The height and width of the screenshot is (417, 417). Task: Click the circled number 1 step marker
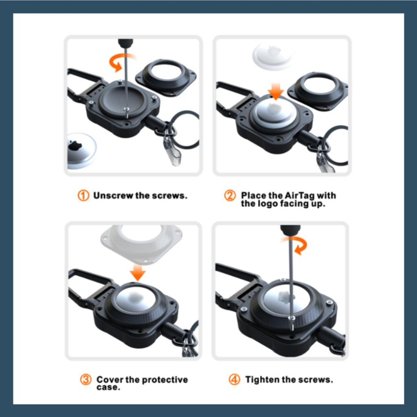click(83, 196)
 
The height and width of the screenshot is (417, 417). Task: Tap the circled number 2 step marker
click(230, 196)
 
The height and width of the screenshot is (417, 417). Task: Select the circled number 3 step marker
click(85, 379)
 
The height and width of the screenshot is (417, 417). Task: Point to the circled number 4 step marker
click(234, 379)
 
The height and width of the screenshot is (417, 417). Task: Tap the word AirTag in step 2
click(299, 196)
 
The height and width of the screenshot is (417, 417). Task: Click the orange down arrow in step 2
click(276, 91)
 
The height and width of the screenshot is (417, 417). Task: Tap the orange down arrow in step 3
click(138, 272)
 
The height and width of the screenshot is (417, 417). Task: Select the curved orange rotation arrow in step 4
click(296, 245)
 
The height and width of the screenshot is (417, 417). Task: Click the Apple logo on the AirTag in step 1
click(75, 145)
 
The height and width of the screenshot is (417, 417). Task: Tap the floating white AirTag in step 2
click(273, 56)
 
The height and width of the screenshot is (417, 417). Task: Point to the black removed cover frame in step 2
click(318, 90)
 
